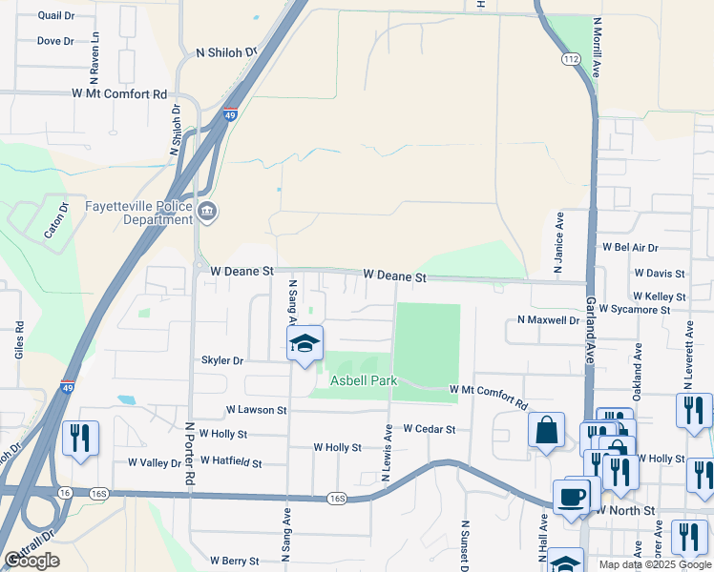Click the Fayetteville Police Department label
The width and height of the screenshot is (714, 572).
click(x=138, y=212)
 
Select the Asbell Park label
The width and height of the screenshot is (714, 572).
click(x=363, y=380)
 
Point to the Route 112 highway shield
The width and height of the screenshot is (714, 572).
click(x=571, y=59)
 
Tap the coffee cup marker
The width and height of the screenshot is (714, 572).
click(x=572, y=498)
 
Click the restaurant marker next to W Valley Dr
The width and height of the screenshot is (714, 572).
click(x=80, y=439)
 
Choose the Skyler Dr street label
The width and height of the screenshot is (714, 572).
click(x=222, y=361)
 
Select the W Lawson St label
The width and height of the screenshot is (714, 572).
click(x=256, y=410)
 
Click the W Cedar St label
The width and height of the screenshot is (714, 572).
click(x=429, y=429)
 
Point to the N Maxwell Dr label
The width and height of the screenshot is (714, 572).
click(x=548, y=320)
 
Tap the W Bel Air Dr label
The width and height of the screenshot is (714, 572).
click(x=630, y=247)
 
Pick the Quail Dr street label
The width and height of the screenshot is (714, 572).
click(x=57, y=16)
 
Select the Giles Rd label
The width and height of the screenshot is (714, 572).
click(x=19, y=340)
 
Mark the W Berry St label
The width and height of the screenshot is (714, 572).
click(x=235, y=562)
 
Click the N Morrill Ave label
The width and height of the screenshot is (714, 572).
click(x=598, y=45)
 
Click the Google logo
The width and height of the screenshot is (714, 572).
click(x=32, y=561)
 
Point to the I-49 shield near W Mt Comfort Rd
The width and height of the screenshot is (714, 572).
click(x=230, y=115)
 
